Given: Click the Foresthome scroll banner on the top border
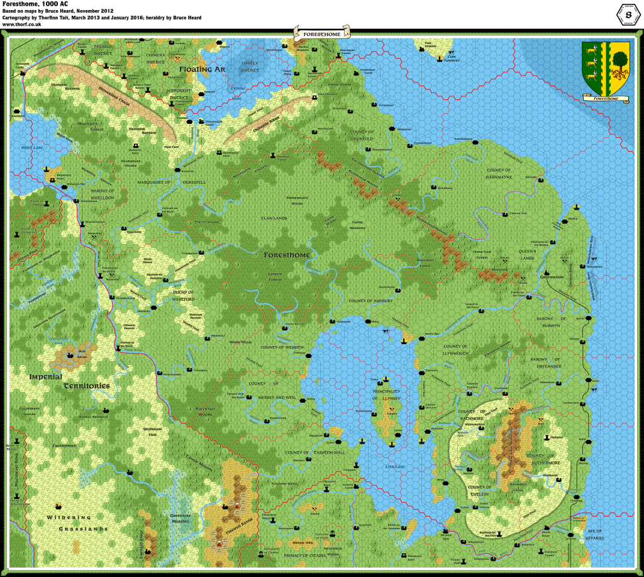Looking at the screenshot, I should tap(321, 32).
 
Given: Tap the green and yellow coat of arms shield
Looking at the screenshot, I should tap(606, 67).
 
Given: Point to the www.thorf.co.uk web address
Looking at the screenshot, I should tap(22, 25).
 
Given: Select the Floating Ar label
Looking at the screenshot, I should tap(202, 69).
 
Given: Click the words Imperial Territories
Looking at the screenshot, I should tap(69, 381).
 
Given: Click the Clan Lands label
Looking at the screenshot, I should tap(274, 218).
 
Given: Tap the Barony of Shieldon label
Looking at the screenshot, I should tap(97, 194).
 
